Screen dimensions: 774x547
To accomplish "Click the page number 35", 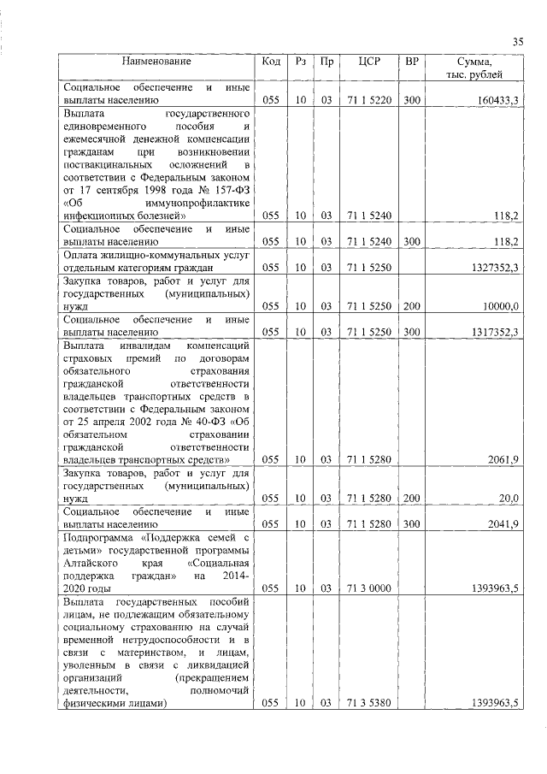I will pyautogui.click(x=517, y=42).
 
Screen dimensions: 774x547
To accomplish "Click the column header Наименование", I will pyautogui.click(x=156, y=62).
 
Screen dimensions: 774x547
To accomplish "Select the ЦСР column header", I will pyautogui.click(x=369, y=62).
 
